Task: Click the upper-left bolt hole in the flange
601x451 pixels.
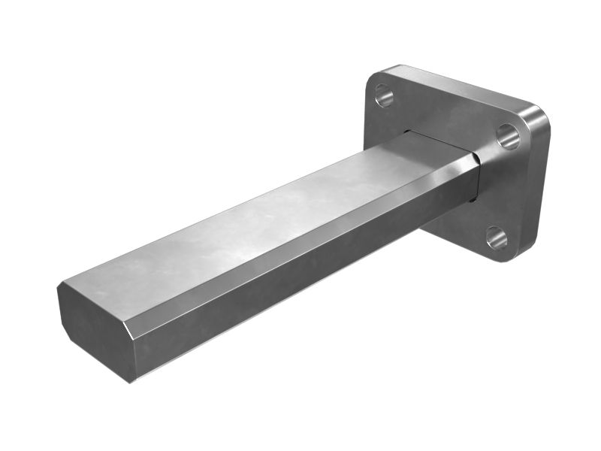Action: (x=383, y=95)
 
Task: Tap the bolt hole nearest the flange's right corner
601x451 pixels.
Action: (x=508, y=136)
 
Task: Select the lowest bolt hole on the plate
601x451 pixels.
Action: (x=496, y=238)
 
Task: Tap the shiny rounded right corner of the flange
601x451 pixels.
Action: (x=538, y=120)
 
